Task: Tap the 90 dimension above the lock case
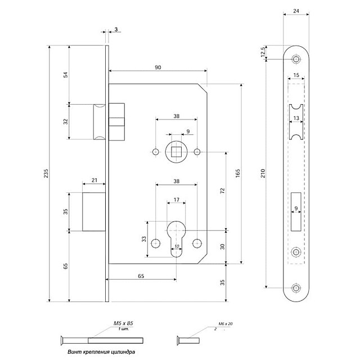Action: (x=157, y=67)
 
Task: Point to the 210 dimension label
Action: (x=263, y=173)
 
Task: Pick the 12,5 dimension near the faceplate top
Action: (x=263, y=52)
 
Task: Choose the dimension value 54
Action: (x=65, y=75)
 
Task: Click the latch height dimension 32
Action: (x=65, y=121)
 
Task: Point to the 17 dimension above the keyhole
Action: (x=176, y=200)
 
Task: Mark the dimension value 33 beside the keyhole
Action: (x=145, y=240)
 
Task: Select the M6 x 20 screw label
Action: (x=224, y=324)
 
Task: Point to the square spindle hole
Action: (x=176, y=152)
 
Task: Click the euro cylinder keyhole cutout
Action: (x=176, y=236)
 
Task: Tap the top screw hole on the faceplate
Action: (x=296, y=59)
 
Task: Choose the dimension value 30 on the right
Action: (x=223, y=246)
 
